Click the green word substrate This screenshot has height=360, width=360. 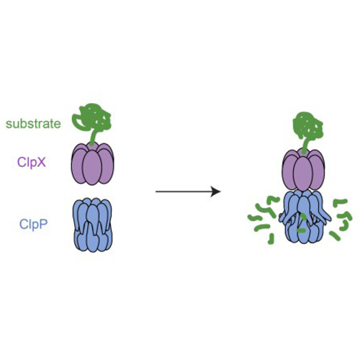(x=33, y=124)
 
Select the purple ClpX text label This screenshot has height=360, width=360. (x=32, y=163)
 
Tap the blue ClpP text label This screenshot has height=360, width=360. (x=34, y=225)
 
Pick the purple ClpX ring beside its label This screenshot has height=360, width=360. (x=93, y=164)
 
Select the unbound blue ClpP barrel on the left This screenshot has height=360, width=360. (x=93, y=225)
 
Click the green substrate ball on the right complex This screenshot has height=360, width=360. (x=308, y=126)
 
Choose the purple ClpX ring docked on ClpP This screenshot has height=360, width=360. (x=303, y=170)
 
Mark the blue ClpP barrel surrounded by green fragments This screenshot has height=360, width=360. (x=305, y=217)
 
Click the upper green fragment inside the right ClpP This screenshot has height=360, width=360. (x=303, y=217)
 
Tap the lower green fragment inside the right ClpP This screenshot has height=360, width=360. (x=302, y=230)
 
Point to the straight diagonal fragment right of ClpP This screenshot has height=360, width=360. (x=335, y=236)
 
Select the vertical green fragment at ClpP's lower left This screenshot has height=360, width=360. (x=271, y=239)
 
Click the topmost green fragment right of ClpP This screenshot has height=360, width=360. (x=340, y=202)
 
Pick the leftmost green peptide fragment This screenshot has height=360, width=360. (x=255, y=217)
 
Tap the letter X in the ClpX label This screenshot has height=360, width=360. (x=42, y=163)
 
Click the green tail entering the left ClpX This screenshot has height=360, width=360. (x=92, y=139)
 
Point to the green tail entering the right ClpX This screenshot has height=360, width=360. (x=305, y=145)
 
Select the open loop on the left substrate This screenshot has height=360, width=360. (x=78, y=121)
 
